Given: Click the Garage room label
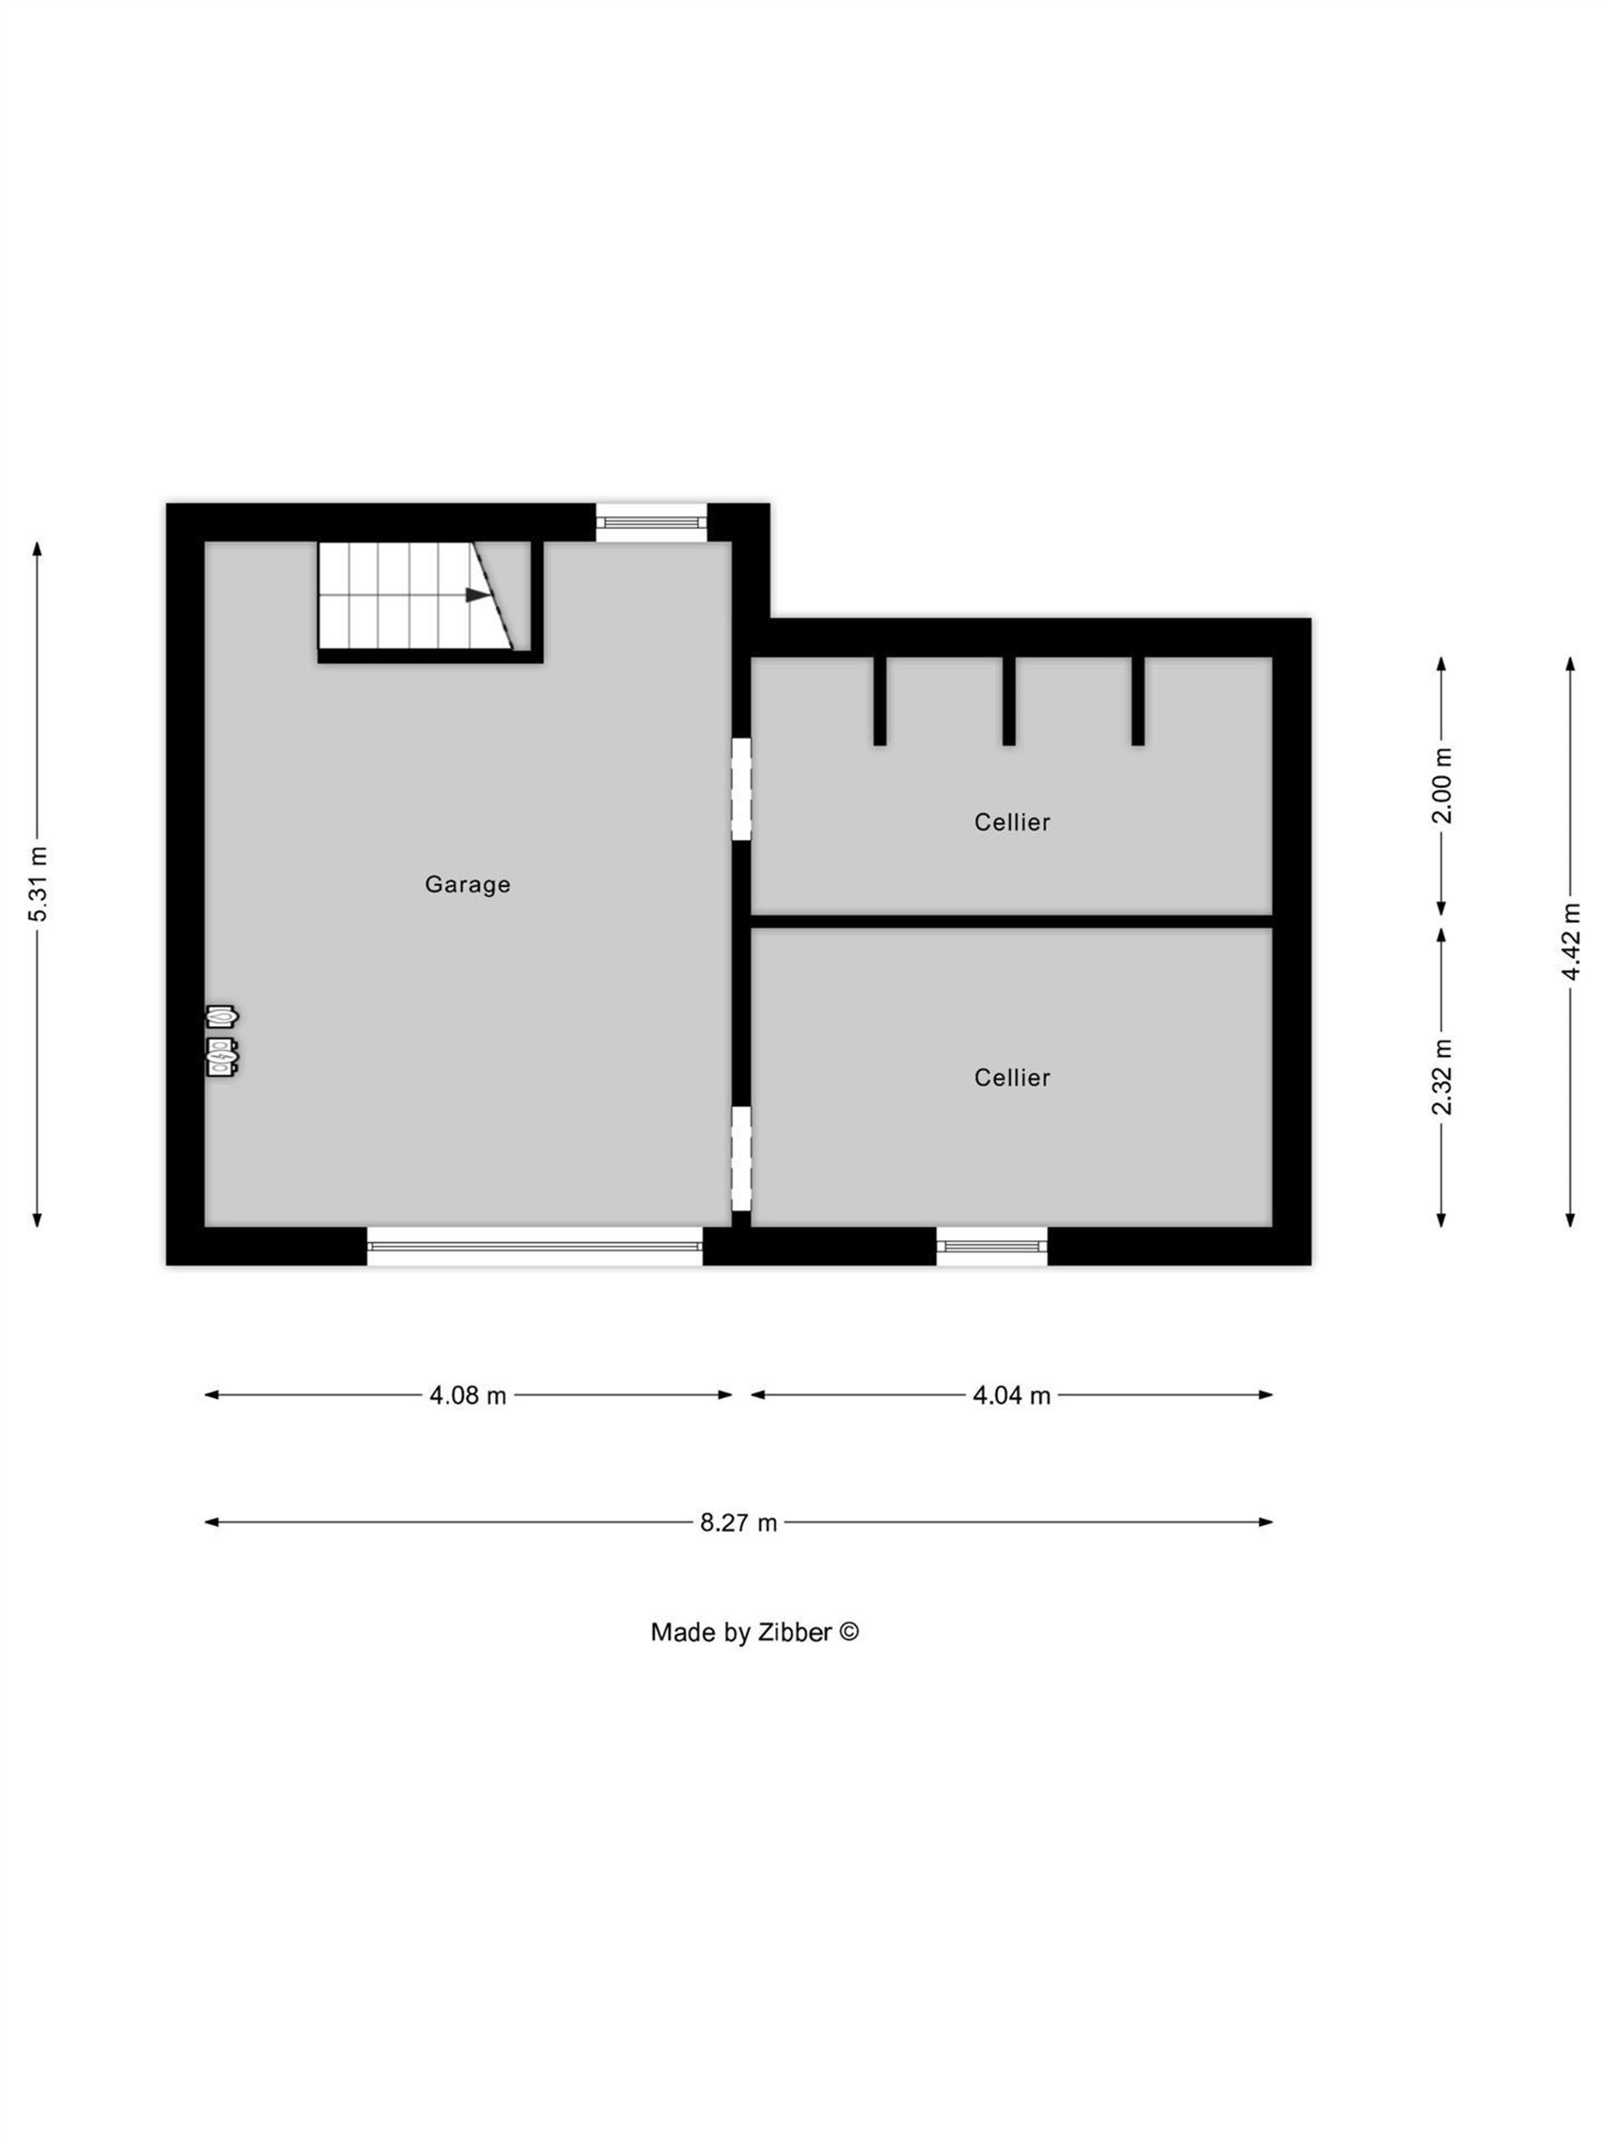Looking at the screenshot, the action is coord(467,884).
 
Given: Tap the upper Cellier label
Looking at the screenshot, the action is coord(1011,822).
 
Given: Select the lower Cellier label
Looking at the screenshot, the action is coord(1011,1078).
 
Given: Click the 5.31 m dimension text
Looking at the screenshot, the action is coord(38,884).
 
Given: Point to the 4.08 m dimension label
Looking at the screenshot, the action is coord(468,1396).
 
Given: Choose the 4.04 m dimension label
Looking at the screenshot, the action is coord(1011,1396).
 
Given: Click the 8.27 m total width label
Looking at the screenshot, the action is coord(738,1523).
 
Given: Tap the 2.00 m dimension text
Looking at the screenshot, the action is coord(1442,786).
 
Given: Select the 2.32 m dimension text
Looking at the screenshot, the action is coord(1442,1076).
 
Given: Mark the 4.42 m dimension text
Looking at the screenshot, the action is coord(1571,941).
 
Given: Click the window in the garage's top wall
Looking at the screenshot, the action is coord(651,522).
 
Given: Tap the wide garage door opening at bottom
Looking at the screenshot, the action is coord(535,1246).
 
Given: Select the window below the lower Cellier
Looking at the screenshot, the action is coord(992,1246).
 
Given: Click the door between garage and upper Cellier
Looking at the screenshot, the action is coord(741,789).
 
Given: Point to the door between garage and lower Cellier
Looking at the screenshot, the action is coord(741,1158).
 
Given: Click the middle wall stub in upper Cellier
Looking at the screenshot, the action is coord(1009,701).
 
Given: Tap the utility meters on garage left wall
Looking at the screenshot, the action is coord(222,1041).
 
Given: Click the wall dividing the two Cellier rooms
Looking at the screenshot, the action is coord(1011,921).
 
